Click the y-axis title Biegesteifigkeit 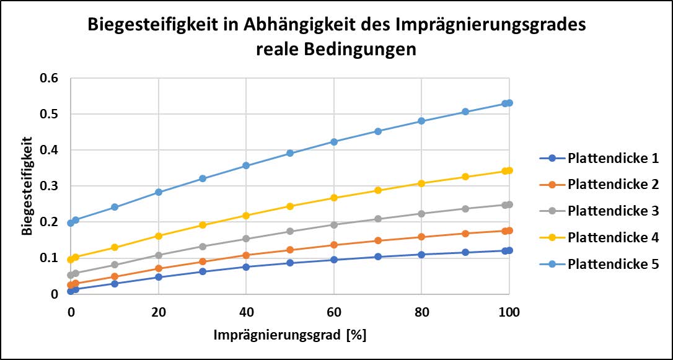(x=27, y=187)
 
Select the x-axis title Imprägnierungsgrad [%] (x=290, y=335)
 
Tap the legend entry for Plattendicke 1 (x=612, y=158)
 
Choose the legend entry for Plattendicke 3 (x=612, y=211)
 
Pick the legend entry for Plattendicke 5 (x=612, y=264)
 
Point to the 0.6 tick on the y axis (x=49, y=79)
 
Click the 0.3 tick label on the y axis (x=49, y=187)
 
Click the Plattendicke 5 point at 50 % (x=290, y=153)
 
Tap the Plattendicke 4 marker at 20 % (x=159, y=236)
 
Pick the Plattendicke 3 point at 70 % (x=377, y=219)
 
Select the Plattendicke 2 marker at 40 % (x=246, y=255)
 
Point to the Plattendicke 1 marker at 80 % (x=421, y=255)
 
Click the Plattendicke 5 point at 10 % (x=115, y=207)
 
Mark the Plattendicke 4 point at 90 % (x=465, y=177)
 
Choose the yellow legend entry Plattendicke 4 (x=612, y=237)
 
